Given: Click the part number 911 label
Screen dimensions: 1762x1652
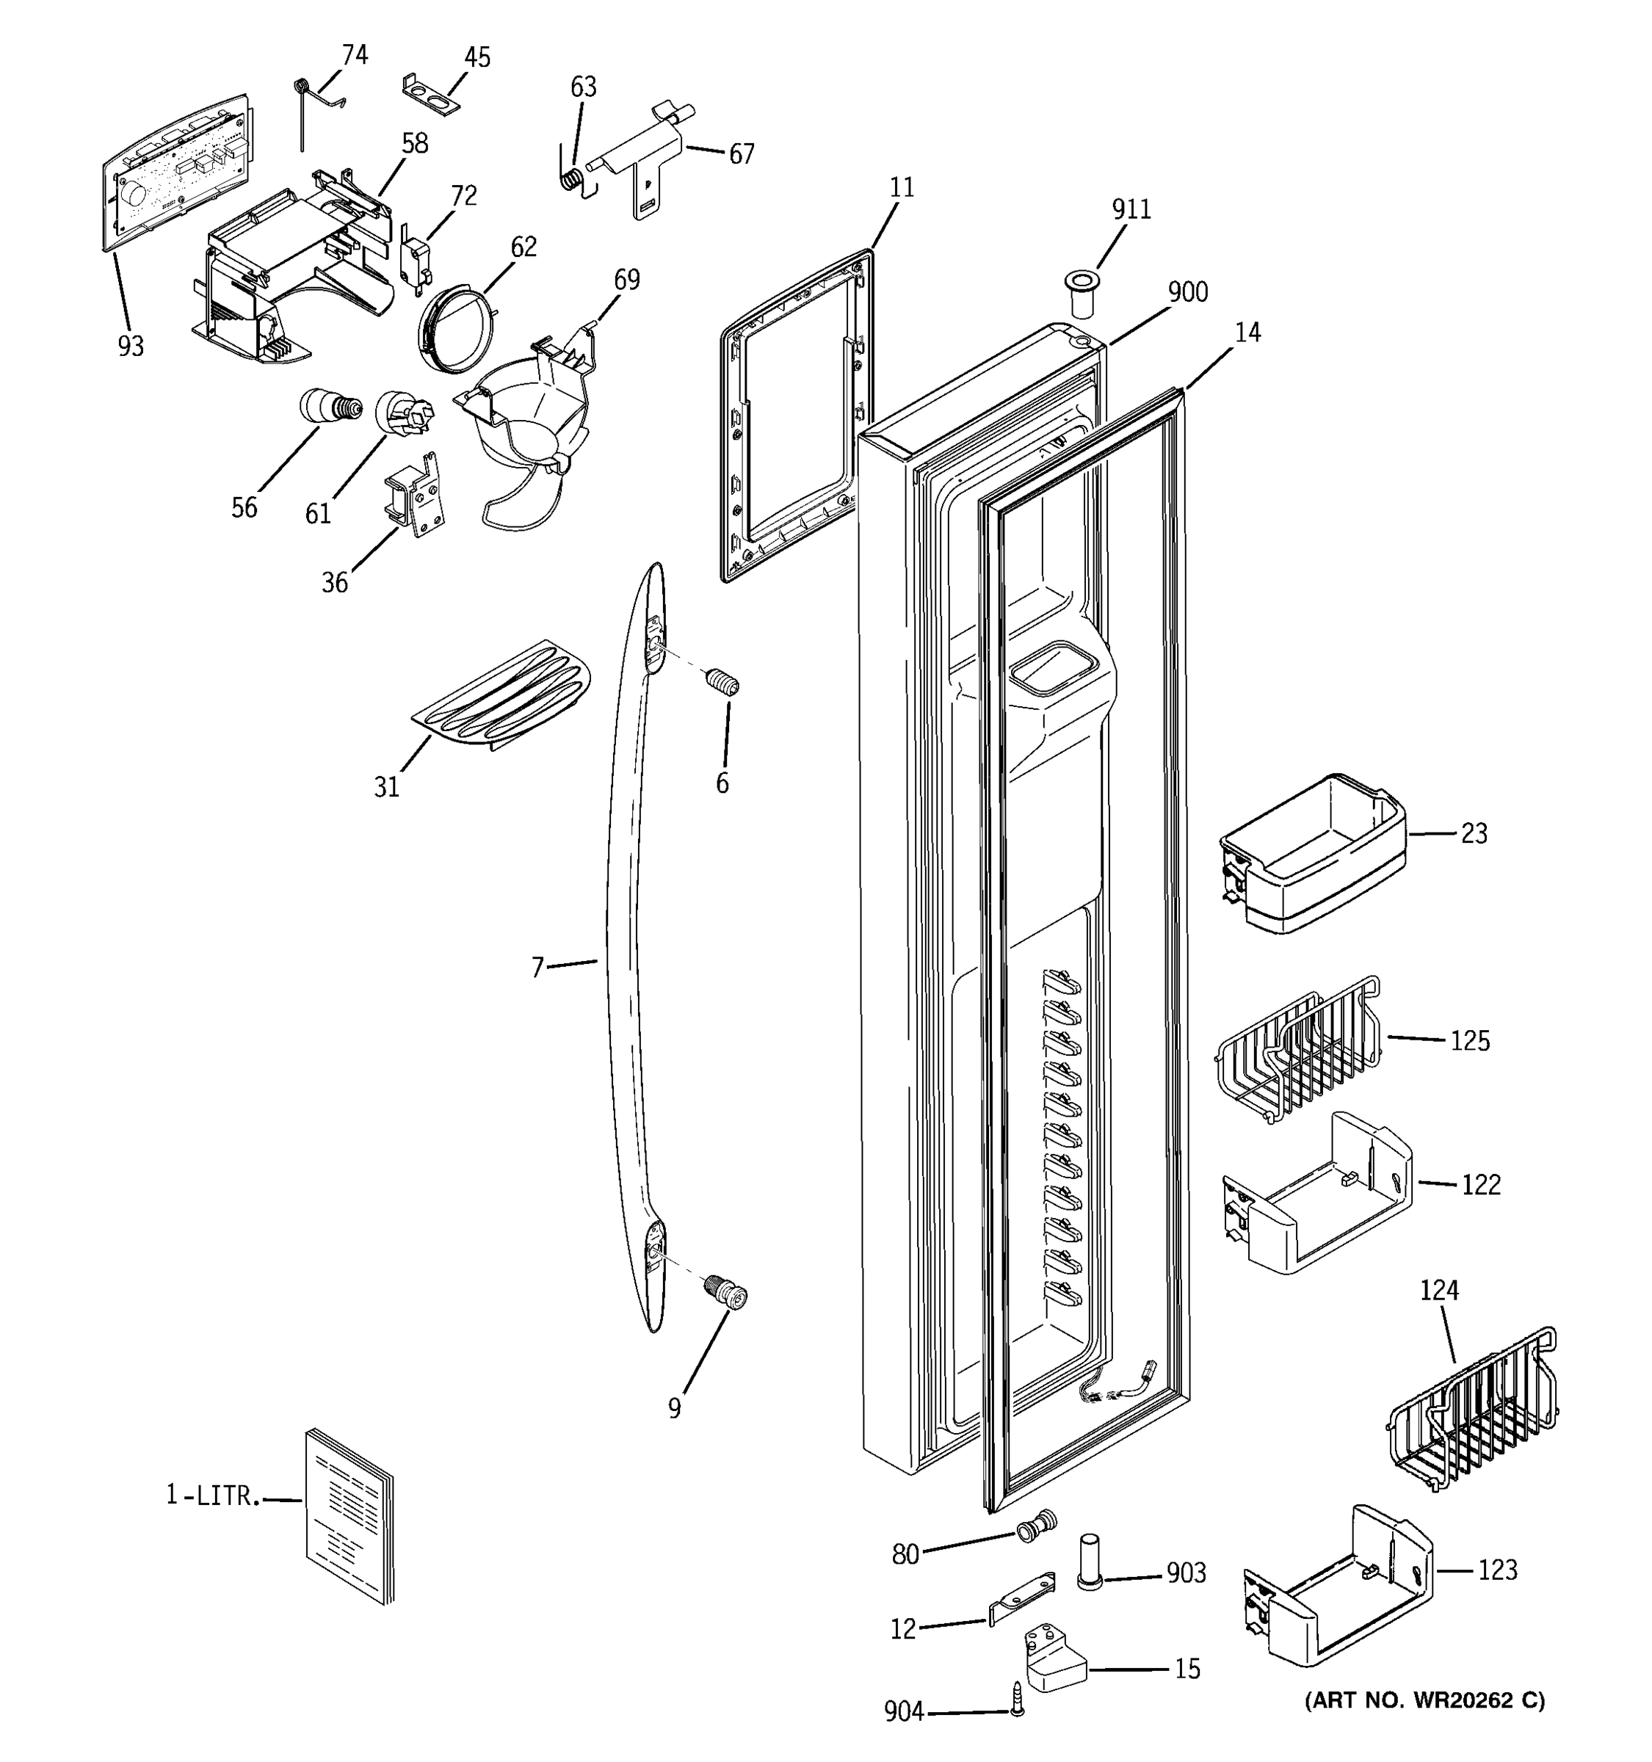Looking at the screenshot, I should coord(1131,210).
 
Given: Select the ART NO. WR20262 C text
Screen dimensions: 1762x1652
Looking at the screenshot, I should coord(1424,1699).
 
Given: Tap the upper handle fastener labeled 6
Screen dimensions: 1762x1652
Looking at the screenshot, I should coord(723,684).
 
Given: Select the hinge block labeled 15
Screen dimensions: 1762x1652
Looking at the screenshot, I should coord(1054,1659).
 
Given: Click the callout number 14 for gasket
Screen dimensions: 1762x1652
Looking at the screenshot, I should coord(1247,333).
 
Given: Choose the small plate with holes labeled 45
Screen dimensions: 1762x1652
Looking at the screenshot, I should coord(432,97).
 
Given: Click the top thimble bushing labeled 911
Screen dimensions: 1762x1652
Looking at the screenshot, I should coord(1079,295).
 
